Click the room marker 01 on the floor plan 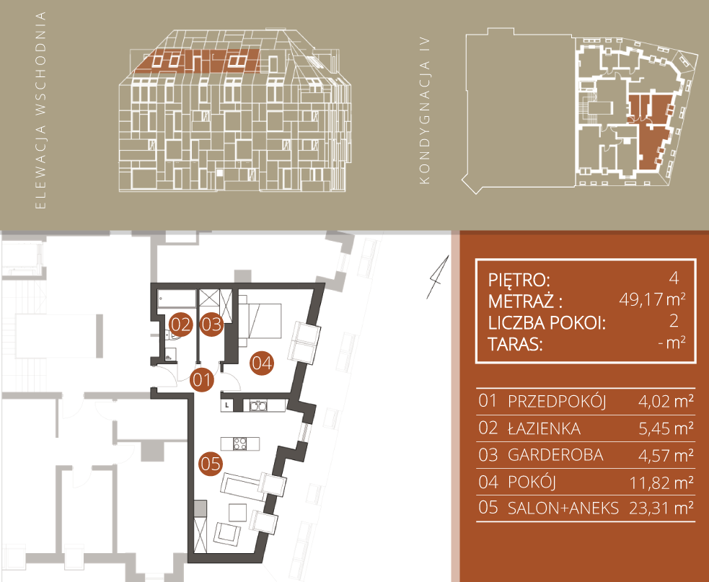(x=202, y=380)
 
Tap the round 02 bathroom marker (x=180, y=325)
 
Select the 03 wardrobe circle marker (x=211, y=325)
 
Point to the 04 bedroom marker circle (x=263, y=363)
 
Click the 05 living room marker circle (x=211, y=464)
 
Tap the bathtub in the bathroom (x=177, y=299)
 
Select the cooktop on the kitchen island (x=240, y=444)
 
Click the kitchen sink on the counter (x=258, y=405)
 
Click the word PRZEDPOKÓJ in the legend (x=557, y=402)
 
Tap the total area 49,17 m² (x=652, y=299)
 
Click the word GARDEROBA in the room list (x=555, y=455)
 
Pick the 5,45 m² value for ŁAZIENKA (x=666, y=428)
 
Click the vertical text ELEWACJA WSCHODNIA (x=40, y=110)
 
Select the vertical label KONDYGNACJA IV (x=425, y=110)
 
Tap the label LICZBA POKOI (x=547, y=323)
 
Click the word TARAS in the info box (x=515, y=345)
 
